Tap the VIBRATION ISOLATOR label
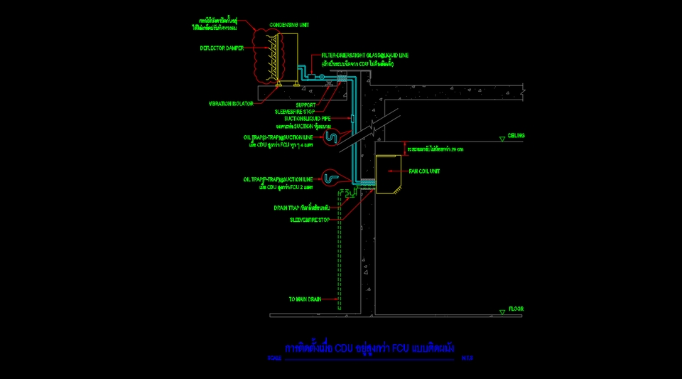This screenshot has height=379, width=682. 231,103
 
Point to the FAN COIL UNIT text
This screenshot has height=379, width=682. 425,171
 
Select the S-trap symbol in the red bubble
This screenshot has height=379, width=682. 330,136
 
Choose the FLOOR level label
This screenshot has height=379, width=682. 516,309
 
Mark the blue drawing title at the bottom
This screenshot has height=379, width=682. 369,348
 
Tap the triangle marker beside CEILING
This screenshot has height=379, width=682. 502,139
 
